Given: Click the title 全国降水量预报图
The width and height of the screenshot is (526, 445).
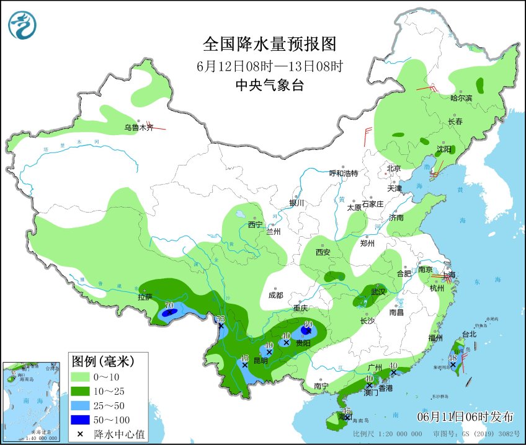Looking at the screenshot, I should click(x=269, y=44).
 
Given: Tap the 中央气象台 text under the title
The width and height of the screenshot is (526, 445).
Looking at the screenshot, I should click(x=269, y=86).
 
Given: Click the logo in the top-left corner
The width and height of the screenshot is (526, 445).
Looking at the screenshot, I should click(x=22, y=25).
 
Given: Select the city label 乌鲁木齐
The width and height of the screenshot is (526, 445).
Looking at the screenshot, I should click(x=138, y=128).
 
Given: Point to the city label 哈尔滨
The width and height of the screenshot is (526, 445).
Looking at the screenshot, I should click(x=461, y=98).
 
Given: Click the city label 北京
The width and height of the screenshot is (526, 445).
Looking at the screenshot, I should click(x=394, y=168).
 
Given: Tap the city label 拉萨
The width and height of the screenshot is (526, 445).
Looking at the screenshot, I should click(x=145, y=297).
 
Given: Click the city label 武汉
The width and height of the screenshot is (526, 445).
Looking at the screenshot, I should click(x=378, y=291).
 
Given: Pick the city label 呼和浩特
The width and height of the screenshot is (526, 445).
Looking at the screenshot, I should click(x=344, y=173).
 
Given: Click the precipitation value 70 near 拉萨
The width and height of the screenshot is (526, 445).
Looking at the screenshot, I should click(x=169, y=306).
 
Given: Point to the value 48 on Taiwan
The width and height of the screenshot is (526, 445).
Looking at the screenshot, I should click(x=453, y=358).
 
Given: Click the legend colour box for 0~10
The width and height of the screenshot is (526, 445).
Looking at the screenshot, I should click(x=81, y=376).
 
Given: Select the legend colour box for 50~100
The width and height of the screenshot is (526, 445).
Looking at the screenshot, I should click(x=81, y=420).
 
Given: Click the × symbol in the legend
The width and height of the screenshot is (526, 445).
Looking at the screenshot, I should click(x=81, y=434).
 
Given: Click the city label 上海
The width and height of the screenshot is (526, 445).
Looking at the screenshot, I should click(x=448, y=275).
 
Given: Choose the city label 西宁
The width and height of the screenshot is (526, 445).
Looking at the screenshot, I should click(x=256, y=224).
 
